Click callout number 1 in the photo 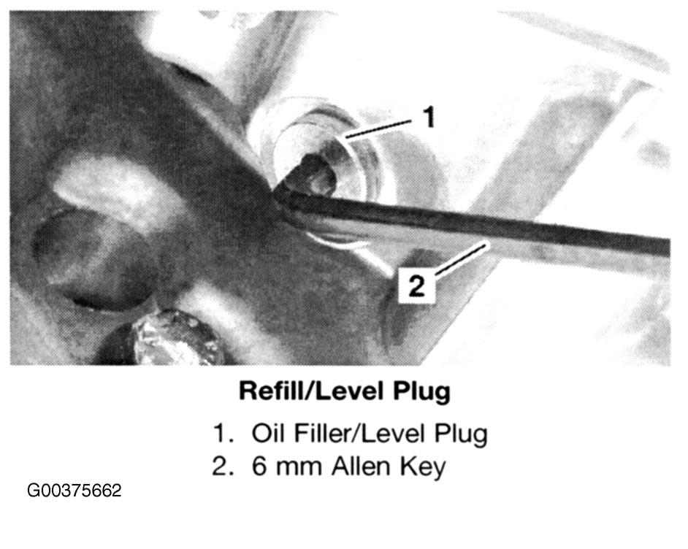click(427, 117)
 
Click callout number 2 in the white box click(416, 286)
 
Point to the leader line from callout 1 click(378, 128)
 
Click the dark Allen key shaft click(474, 221)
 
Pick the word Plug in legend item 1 click(461, 435)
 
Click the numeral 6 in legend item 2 click(260, 467)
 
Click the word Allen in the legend click(361, 467)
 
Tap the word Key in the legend click(422, 468)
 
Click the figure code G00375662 click(74, 491)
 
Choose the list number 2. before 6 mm click(222, 467)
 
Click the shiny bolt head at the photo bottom click(175, 337)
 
